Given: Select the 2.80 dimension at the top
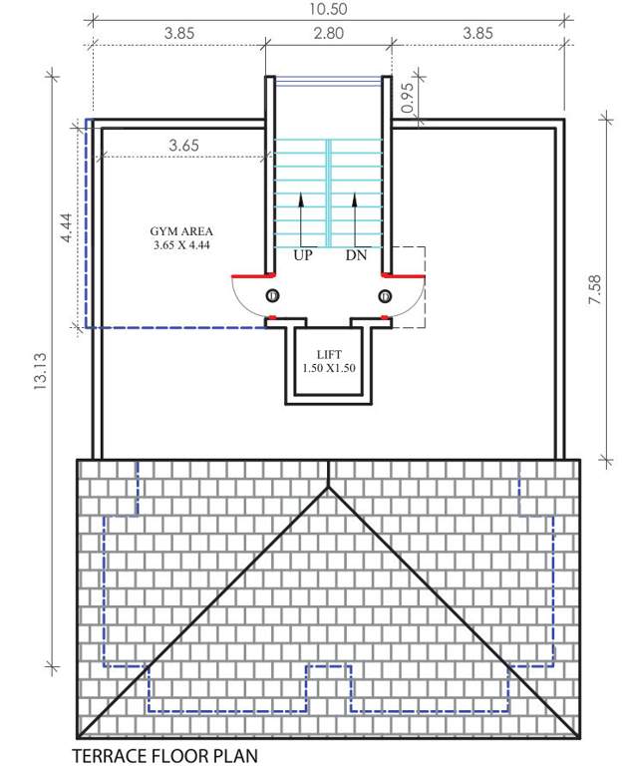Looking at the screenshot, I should (x=328, y=32).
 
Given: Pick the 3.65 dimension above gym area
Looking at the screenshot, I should (x=183, y=145).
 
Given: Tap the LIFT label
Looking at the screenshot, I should (x=329, y=354).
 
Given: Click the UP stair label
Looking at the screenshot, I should (x=304, y=256).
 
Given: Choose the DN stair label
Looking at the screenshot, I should (x=356, y=256).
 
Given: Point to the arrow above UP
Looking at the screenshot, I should (x=302, y=219).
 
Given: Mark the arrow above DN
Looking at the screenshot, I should (x=355, y=219).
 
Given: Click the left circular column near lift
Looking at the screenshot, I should (x=273, y=295).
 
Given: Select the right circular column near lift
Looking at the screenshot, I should (x=385, y=295).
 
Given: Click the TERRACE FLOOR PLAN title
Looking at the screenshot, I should (x=164, y=756).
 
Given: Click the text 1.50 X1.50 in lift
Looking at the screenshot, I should (x=329, y=368).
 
